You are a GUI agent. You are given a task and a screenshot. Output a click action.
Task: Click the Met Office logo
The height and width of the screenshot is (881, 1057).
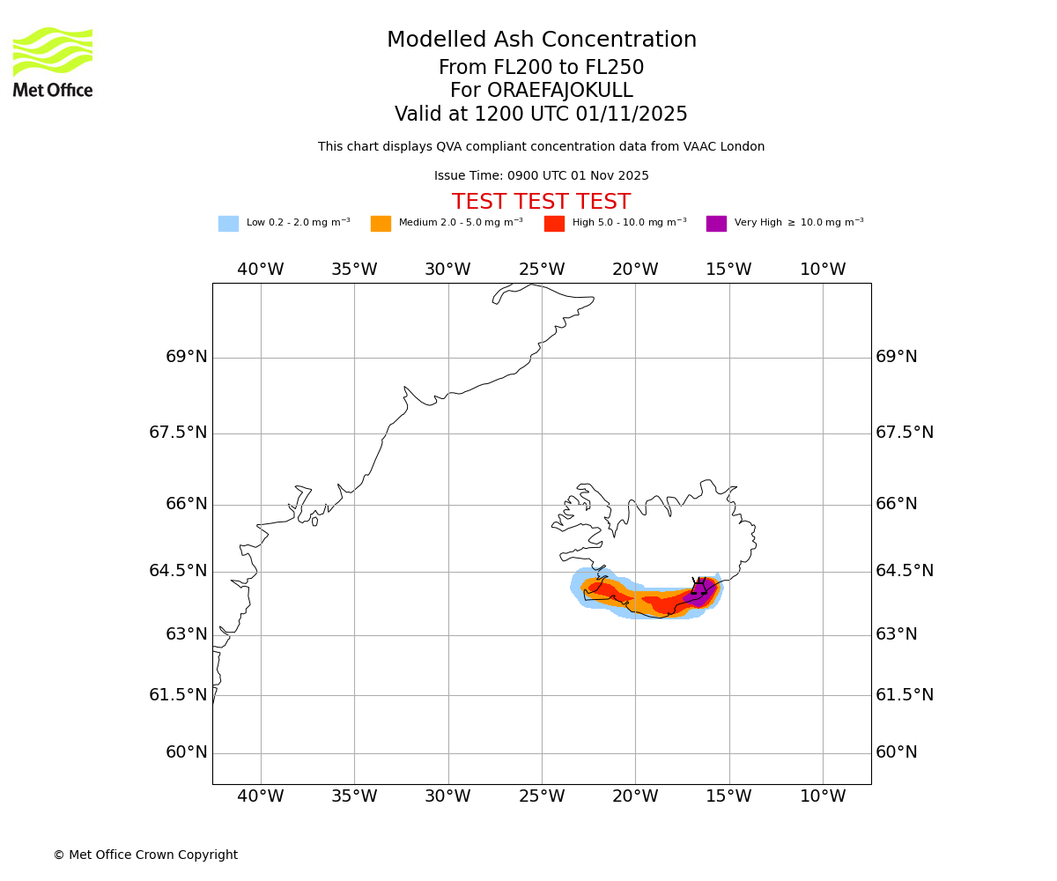[x=53, y=62]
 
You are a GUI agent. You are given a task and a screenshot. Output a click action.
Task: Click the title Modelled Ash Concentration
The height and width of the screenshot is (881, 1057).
[x=542, y=41]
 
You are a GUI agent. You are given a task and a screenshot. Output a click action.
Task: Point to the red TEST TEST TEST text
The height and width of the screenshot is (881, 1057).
[x=541, y=202]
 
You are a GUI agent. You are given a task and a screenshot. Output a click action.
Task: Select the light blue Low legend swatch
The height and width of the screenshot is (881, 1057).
[x=228, y=224]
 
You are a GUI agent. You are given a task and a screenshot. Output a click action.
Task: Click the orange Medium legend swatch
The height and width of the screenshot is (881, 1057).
[x=381, y=224]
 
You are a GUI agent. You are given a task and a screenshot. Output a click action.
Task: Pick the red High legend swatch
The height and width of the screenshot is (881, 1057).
[x=554, y=224]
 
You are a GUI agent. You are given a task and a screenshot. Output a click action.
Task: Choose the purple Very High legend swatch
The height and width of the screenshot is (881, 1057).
[x=716, y=224]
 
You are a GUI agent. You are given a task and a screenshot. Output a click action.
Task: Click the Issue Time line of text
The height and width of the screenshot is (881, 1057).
[x=541, y=176]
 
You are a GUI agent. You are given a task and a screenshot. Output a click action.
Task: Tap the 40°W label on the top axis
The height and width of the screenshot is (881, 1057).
[x=261, y=270]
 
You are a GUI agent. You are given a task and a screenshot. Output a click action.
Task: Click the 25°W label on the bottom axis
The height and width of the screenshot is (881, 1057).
[x=542, y=796]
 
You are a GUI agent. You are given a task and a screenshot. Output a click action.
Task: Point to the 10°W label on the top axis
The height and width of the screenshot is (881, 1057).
[x=823, y=270]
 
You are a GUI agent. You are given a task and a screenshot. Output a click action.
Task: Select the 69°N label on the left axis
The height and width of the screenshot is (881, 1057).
[x=187, y=357]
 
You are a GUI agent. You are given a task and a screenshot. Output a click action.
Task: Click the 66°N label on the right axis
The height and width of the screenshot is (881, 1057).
[x=896, y=504]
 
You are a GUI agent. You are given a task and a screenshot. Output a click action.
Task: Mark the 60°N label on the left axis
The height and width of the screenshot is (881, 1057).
[x=187, y=752]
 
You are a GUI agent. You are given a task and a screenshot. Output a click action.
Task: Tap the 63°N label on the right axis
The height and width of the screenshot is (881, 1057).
[x=896, y=634]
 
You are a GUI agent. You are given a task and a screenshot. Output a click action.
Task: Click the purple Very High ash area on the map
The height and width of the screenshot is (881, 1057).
[x=700, y=590]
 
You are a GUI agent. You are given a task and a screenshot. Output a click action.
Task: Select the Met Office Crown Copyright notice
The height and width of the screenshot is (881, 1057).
[x=145, y=855]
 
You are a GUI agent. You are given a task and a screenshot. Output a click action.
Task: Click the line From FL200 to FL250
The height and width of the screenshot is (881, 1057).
[x=541, y=68]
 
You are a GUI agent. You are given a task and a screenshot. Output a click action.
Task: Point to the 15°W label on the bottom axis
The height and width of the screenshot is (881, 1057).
[x=728, y=796]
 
